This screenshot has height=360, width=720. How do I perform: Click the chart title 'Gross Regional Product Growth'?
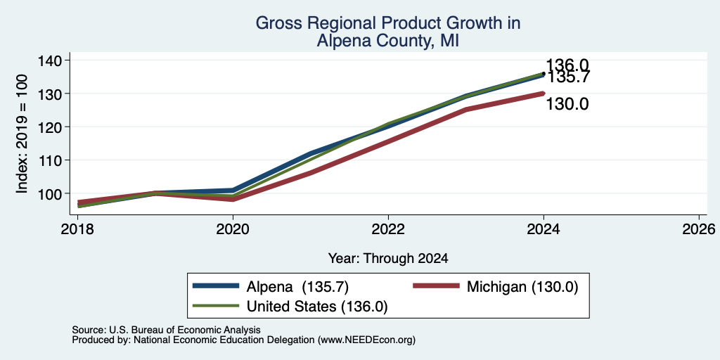387,23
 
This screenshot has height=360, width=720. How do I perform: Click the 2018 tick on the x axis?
77,229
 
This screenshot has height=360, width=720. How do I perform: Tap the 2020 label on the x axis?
233,229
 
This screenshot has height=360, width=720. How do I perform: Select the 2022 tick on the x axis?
388,229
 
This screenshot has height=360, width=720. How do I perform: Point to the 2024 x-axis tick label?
544,229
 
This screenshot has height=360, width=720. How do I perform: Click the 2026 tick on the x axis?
700,229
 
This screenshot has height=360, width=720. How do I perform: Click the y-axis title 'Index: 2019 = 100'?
22,134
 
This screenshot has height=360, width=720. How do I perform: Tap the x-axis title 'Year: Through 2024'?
388,259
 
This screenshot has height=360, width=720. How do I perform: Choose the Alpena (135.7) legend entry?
271,287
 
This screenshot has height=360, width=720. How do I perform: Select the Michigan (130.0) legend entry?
495,287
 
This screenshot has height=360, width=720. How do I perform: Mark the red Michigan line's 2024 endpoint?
544,94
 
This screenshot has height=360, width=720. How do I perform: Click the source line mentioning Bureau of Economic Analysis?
166,330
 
